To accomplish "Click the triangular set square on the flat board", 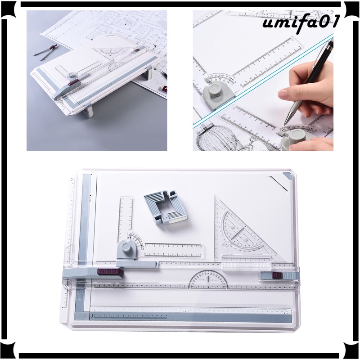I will point(245,229).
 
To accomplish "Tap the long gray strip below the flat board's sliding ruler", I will point(189,315).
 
